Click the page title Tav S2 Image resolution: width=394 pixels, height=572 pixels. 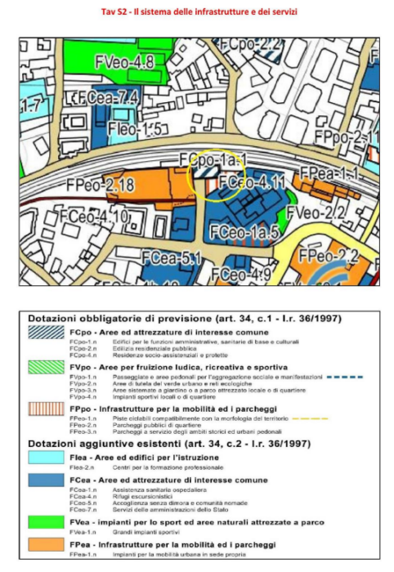197,12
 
